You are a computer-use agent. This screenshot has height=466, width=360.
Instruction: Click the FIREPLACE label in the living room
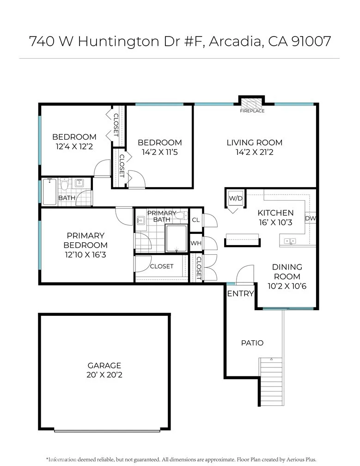click(252, 111)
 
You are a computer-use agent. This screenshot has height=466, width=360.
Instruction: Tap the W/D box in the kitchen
click(236, 198)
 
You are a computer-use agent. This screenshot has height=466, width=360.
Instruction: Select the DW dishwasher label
click(311, 218)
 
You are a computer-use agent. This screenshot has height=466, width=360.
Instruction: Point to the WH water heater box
click(196, 243)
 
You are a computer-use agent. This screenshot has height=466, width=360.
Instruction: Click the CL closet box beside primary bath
click(196, 220)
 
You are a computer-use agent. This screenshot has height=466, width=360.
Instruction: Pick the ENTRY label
click(240, 294)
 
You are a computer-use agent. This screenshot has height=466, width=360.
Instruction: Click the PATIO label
click(252, 343)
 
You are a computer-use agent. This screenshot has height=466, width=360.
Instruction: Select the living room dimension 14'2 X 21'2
click(254, 152)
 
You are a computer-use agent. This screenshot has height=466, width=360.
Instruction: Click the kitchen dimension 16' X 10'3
click(275, 222)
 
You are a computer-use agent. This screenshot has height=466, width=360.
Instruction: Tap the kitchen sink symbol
click(290, 241)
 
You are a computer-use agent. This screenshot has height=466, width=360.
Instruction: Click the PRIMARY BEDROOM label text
click(85, 240)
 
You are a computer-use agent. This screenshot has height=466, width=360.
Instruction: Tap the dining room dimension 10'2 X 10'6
click(287, 286)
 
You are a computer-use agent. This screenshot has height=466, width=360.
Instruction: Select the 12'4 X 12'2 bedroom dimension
click(74, 147)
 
